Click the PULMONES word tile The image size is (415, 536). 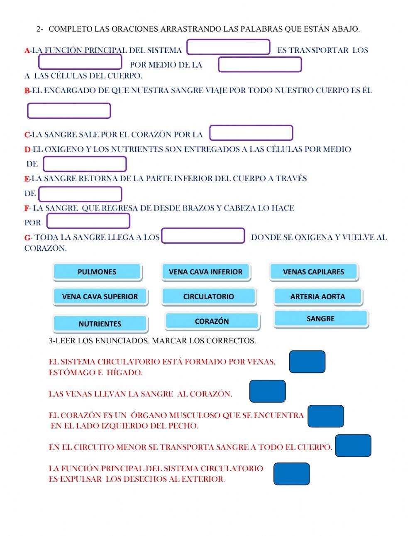tap(97, 272)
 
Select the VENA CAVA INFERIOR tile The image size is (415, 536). tap(205, 272)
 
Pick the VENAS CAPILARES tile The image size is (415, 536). tap(313, 272)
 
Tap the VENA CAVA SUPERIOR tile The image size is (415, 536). tap(100, 296)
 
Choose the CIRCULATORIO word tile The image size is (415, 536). tap(208, 296)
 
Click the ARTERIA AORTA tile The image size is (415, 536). tap(317, 296)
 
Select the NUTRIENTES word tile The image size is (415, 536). tap(100, 323)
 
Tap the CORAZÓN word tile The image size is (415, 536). tap(212, 321)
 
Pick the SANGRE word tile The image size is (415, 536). tap(320, 319)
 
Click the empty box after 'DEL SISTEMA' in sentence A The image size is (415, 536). tap(228, 47)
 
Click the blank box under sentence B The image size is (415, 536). tap(69, 111)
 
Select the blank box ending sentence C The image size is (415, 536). tap(251, 133)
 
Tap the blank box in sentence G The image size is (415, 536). tap(203, 235)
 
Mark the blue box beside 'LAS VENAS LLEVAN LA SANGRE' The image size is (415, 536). tap(267, 391)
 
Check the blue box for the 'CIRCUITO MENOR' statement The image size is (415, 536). tap(353, 445)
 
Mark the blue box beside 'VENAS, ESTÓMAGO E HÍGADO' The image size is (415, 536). tap(307, 362)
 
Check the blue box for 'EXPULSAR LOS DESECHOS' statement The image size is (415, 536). tap(291, 474)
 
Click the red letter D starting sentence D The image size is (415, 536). tap(27, 149)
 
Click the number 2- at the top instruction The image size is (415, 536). tap(40, 29)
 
